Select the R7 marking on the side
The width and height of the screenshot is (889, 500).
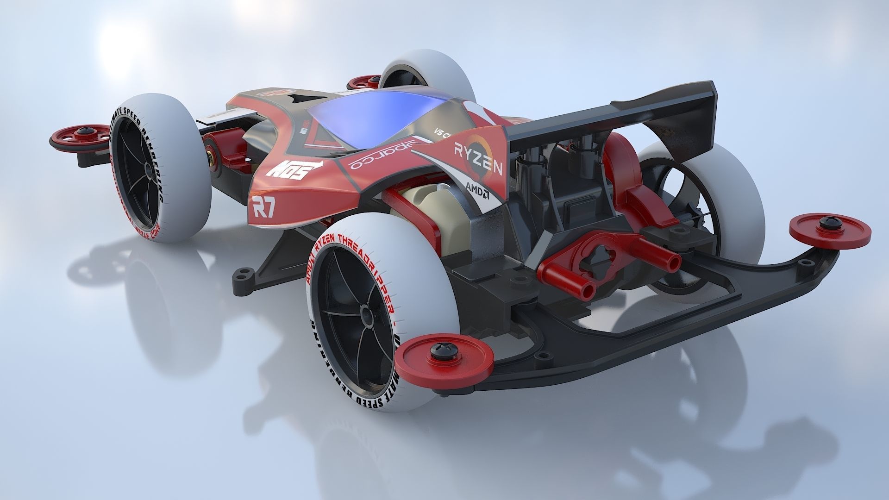[263, 206]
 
